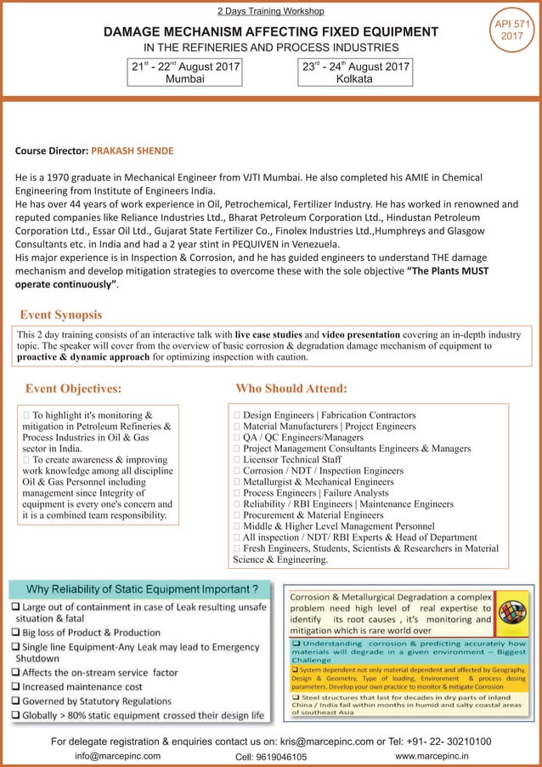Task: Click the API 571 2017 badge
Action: point(511,30)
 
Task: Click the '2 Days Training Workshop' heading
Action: point(271,11)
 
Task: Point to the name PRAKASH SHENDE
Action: point(132,151)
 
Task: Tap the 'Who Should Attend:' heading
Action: point(291,389)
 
